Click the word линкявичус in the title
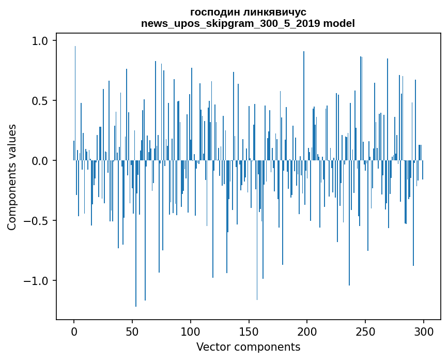click(x=270, y=12)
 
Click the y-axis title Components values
click(x=12, y=177)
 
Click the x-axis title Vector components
click(x=248, y=347)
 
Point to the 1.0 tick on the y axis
click(x=41, y=40)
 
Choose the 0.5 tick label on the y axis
click(x=41, y=100)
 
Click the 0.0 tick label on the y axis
click(x=41, y=161)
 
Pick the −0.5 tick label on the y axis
click(x=37, y=221)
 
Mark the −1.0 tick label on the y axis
click(x=37, y=281)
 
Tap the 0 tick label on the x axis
click(x=74, y=331)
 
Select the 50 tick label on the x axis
click(x=132, y=331)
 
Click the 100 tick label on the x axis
click(x=191, y=331)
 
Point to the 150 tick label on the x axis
click(x=249, y=331)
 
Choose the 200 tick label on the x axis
click(x=307, y=331)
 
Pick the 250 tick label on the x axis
click(x=366, y=331)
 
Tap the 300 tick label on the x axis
click(x=424, y=331)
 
